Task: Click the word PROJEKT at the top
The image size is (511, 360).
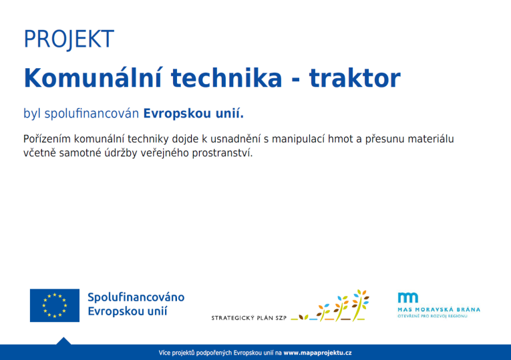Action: (69, 39)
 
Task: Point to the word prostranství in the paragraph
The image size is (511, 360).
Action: (222, 153)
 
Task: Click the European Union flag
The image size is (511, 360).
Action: (54, 305)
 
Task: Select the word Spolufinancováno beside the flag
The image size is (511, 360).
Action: (136, 297)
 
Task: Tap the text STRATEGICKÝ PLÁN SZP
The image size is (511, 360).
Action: (248, 317)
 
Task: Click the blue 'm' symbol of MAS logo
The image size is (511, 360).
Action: (407, 298)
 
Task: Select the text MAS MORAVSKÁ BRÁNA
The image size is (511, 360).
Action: (438, 309)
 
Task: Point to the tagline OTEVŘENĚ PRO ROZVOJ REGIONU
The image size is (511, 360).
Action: (433, 316)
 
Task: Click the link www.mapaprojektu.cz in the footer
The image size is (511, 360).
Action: (317, 352)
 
